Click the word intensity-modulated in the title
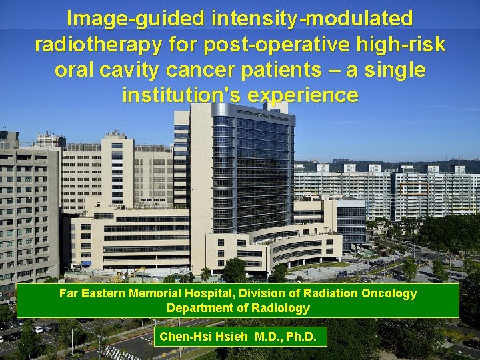(312, 19)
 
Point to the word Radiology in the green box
(283, 308)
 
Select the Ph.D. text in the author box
(301, 337)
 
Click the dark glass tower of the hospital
(253, 167)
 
